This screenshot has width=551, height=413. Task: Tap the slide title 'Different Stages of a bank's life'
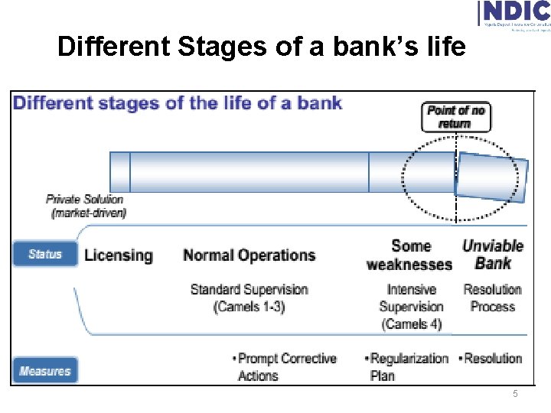(x=261, y=47)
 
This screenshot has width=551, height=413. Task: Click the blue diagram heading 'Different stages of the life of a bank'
(x=178, y=103)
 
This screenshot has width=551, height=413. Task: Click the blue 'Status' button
(x=45, y=254)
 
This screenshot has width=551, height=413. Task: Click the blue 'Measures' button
(x=45, y=371)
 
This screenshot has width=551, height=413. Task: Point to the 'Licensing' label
(x=119, y=255)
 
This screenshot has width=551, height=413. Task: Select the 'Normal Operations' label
(x=249, y=255)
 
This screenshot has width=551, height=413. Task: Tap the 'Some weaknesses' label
(x=410, y=255)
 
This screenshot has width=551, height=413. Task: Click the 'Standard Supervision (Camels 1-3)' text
(x=249, y=298)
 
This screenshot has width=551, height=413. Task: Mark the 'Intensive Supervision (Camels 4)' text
(x=411, y=307)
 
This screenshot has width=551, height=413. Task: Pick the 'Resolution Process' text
(x=492, y=298)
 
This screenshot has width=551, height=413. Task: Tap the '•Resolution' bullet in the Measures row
(x=490, y=359)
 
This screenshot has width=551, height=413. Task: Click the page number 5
(x=515, y=394)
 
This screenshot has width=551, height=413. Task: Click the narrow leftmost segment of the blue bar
(x=120, y=171)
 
